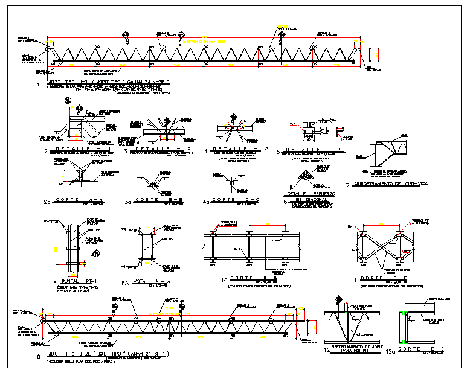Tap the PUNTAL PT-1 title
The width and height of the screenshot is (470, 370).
pyautogui.click(x=71, y=282)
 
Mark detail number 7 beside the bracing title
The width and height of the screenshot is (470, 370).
pyautogui.click(x=347, y=185)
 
